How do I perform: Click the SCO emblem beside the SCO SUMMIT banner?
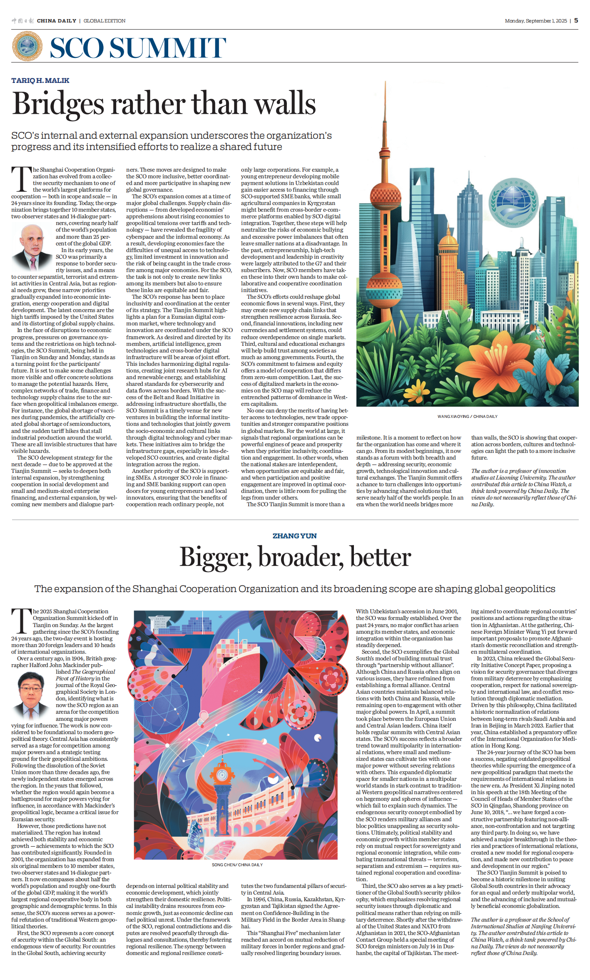[x=27, y=47]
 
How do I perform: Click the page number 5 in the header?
[x=576, y=20]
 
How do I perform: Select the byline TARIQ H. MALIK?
[x=40, y=80]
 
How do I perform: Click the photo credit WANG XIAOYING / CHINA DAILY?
[x=467, y=416]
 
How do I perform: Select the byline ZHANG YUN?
[x=294, y=536]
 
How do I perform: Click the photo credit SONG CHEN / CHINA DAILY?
[x=237, y=865]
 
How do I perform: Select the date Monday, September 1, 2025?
[x=535, y=21]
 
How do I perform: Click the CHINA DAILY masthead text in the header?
[x=56, y=21]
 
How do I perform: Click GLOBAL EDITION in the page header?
[x=105, y=21]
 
